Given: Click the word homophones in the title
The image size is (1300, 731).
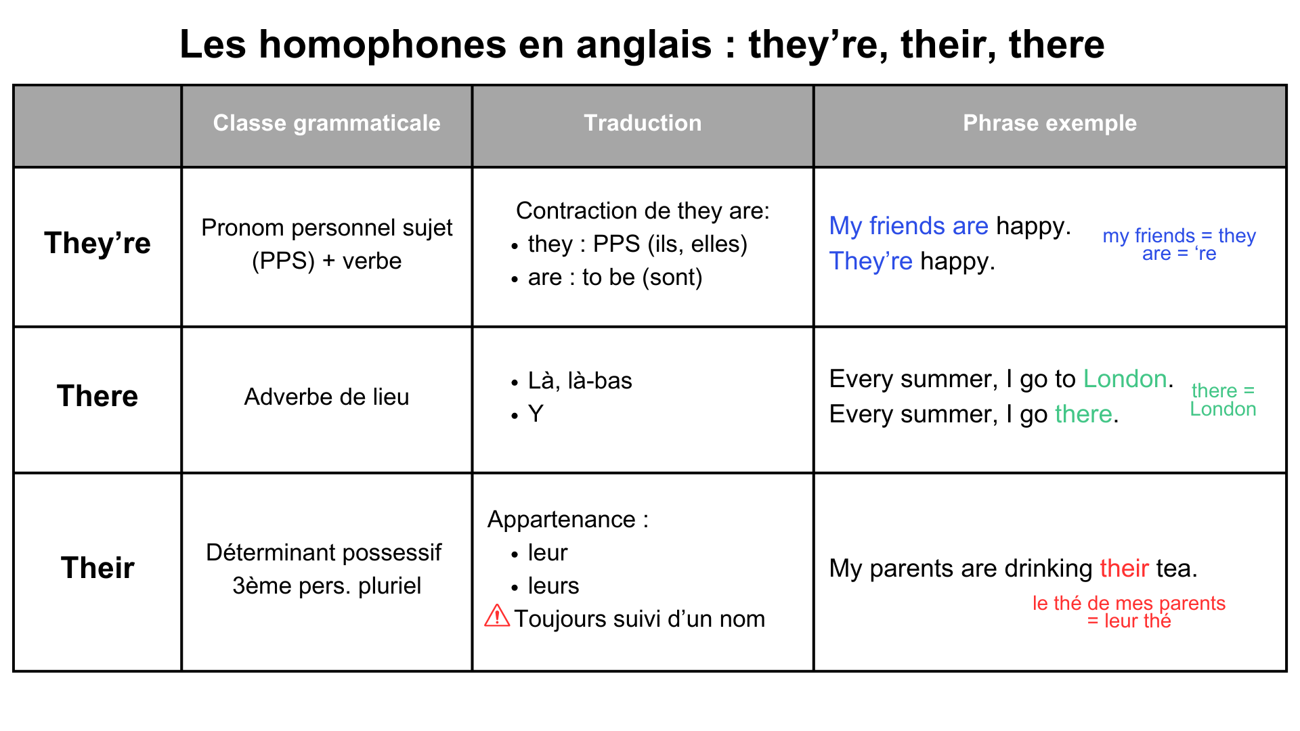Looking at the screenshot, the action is [x=383, y=45].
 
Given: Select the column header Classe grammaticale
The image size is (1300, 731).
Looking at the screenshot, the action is [x=327, y=123].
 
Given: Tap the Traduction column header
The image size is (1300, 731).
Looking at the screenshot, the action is [x=643, y=123].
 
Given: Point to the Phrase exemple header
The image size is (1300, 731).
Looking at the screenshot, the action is [x=1049, y=123].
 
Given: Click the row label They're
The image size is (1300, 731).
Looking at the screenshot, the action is [x=97, y=243].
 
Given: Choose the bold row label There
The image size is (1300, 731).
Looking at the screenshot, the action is [x=97, y=396].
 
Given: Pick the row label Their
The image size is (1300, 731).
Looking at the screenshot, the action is [x=97, y=568].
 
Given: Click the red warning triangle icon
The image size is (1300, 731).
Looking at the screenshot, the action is [x=497, y=616].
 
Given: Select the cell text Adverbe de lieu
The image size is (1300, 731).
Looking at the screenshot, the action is [x=326, y=397].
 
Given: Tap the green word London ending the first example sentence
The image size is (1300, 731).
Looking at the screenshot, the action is [x=1125, y=379].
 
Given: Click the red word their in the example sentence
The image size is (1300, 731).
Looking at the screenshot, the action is [x=1124, y=569].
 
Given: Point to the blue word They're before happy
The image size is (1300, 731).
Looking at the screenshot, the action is [x=871, y=261].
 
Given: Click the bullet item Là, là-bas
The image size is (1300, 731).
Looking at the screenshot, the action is [x=580, y=381].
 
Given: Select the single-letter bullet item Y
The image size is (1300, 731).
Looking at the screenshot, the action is [x=536, y=414].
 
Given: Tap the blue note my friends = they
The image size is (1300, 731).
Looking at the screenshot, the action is [x=1179, y=236].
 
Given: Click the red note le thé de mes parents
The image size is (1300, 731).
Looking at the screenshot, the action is [x=1129, y=603].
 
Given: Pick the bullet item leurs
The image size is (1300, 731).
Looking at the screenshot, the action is [x=553, y=586].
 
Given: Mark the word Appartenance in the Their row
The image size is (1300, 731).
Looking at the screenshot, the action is [x=561, y=520].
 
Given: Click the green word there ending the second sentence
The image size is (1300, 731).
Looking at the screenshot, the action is [x=1083, y=414].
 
